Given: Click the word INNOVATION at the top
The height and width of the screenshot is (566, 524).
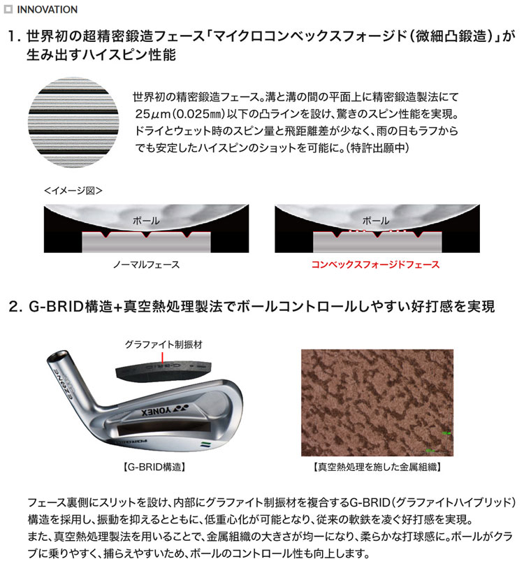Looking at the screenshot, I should point(48,10).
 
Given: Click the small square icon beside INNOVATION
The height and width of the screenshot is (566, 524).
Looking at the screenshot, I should point(9,10).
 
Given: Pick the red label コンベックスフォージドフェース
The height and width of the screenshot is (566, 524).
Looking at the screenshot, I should point(375,265).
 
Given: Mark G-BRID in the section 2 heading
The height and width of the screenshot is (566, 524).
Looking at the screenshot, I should point(61,307).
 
